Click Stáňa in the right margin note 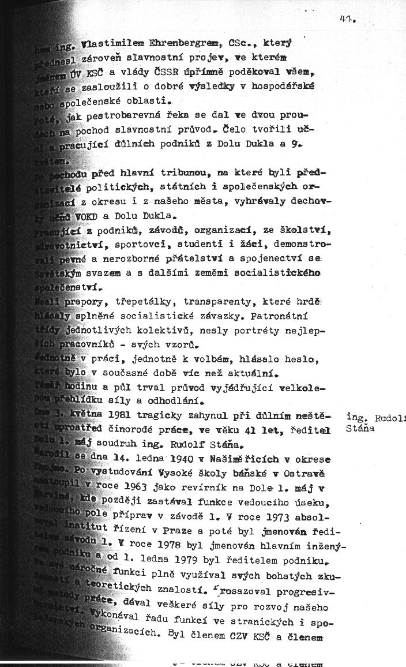point(362,428)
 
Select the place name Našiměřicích point(232,459)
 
